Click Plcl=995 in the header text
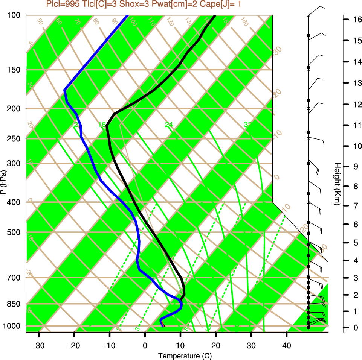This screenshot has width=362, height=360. tap(62, 4)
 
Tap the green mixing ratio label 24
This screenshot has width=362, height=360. tap(168, 125)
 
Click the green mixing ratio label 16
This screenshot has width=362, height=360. tap(102, 125)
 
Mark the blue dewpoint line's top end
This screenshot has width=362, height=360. tap(128, 15)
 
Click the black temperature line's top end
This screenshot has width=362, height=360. tap(215, 15)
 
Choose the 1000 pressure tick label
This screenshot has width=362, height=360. tap(13, 326)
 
